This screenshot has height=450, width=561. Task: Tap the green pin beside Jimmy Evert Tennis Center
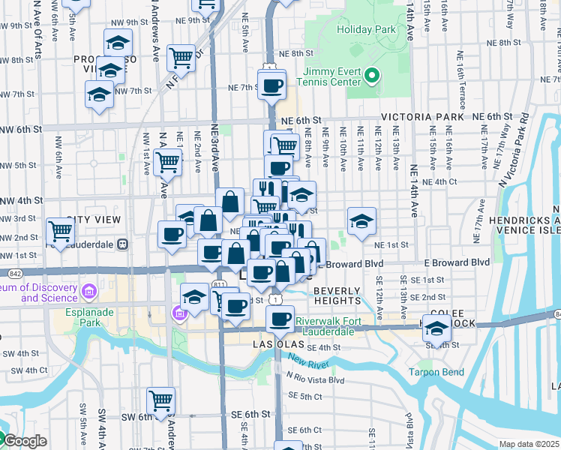371,75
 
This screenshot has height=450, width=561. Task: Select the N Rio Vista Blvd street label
314,379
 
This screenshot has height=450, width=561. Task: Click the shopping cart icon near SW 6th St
160,400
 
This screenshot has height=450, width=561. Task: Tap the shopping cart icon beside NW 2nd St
60,230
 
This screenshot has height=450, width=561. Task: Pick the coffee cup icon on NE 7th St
271,84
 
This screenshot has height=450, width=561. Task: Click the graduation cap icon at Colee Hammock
436,327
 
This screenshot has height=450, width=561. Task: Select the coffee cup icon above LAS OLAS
280,319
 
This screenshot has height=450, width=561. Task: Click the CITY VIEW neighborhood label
93,220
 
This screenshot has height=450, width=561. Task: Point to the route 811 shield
219,285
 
